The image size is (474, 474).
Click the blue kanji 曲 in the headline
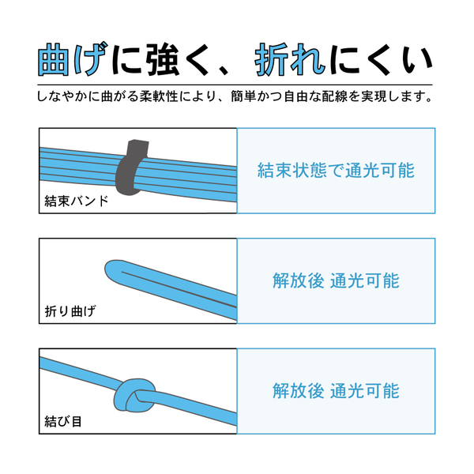[53, 59]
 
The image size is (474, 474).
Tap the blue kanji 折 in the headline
[271, 59]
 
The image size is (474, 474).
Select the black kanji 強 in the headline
[163, 59]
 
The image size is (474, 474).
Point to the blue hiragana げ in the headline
[90, 58]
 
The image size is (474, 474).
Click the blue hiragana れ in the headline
[307, 59]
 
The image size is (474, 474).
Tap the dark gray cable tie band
[130, 167]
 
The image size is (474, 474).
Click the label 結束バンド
[77, 201]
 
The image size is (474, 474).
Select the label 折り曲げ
[70, 311]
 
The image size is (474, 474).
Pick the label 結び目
[63, 421]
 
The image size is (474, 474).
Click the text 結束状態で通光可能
[336, 171]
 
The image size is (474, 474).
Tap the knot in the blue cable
[134, 394]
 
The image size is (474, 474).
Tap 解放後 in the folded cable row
[299, 280]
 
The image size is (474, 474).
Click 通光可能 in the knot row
[364, 390]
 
